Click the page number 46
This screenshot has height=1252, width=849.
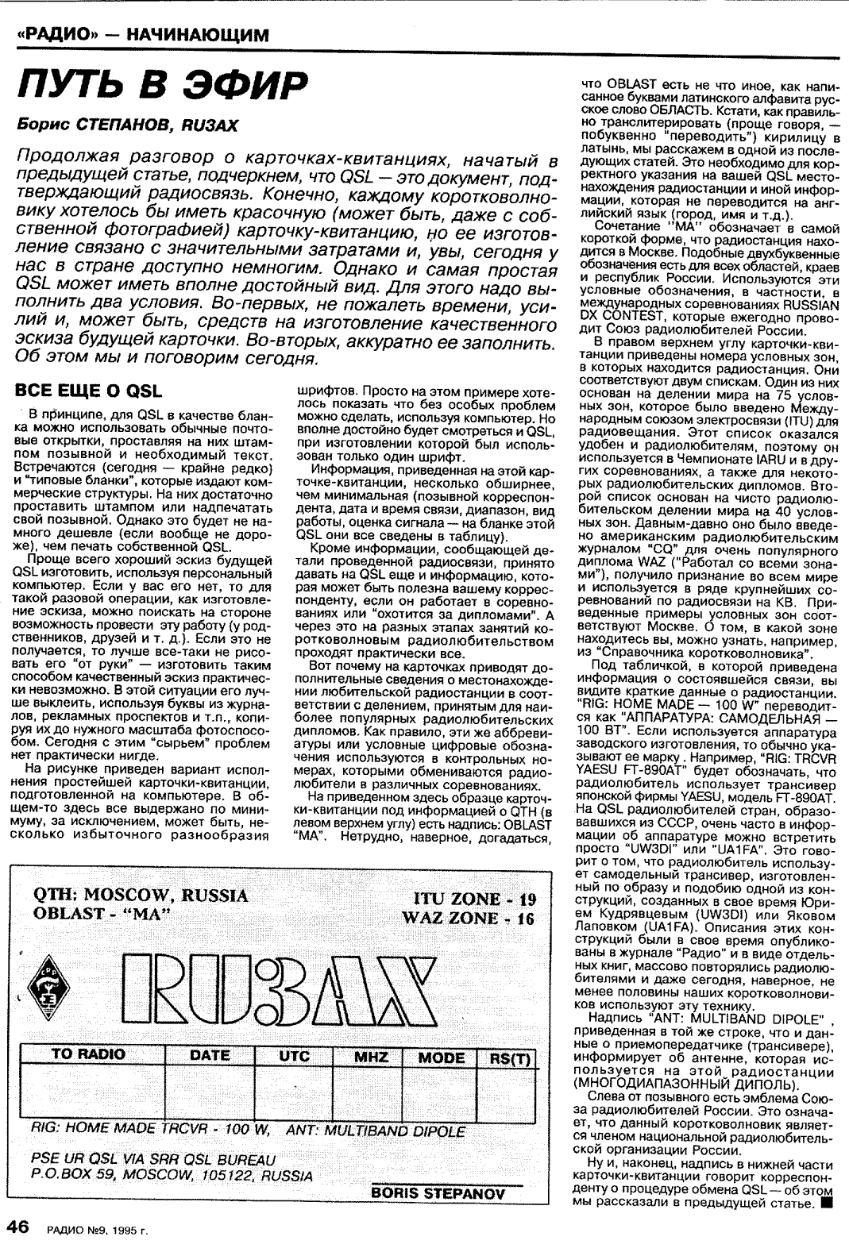pos(18,1227)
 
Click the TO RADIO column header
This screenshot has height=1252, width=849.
pos(88,1055)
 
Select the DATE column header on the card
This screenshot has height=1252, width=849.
pos(210,1056)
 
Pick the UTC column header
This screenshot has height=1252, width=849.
pos(294,1057)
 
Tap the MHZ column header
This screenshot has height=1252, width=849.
pos(371,1057)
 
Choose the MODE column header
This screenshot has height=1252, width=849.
pos(442,1057)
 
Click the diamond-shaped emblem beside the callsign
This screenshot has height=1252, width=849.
pos(48,990)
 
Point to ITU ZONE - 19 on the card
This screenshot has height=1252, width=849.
pos(475,899)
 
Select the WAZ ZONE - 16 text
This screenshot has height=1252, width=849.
pos(469,919)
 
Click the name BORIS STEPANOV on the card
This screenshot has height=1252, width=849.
pos(438,1192)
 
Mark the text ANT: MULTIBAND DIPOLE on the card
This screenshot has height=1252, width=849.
pos(375,1131)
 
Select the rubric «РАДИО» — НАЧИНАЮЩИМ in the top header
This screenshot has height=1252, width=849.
pos(143,35)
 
